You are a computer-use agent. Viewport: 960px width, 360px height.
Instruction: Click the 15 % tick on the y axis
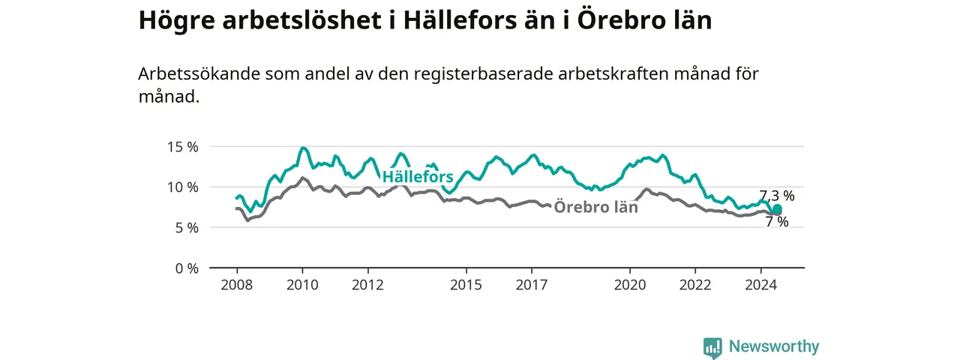(x=182, y=148)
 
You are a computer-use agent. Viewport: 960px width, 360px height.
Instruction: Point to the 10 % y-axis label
(x=182, y=187)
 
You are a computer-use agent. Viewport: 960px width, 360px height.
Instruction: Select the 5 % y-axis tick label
(x=187, y=228)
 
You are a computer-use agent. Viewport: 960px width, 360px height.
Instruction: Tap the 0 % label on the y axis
(x=187, y=268)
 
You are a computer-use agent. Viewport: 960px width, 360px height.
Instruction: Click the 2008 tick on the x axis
(x=236, y=285)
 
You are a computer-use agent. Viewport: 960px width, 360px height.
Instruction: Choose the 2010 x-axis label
(x=302, y=285)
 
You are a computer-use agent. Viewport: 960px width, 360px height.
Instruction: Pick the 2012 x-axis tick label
(x=367, y=285)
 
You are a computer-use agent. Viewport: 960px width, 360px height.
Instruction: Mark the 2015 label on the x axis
(x=466, y=285)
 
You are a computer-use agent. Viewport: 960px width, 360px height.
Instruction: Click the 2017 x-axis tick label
(x=532, y=285)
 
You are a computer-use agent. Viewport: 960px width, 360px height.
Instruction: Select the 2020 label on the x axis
(x=629, y=285)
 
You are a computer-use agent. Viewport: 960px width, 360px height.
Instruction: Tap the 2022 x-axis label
(x=695, y=285)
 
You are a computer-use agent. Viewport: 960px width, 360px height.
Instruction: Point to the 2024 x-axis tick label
(x=760, y=285)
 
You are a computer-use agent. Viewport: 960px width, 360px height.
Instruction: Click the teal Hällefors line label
(x=418, y=176)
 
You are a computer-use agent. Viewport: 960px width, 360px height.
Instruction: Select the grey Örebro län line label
(x=595, y=207)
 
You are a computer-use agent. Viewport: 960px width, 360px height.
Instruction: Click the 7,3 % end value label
(x=777, y=196)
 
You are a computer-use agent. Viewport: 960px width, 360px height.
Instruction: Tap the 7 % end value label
(x=777, y=221)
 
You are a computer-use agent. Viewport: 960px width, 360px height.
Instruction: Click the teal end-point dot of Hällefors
(x=777, y=208)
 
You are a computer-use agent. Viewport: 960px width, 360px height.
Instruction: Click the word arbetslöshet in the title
(x=301, y=20)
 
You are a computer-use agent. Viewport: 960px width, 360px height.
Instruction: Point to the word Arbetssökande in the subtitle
(x=199, y=73)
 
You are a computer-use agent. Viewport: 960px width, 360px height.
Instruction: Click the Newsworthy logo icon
(x=712, y=347)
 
